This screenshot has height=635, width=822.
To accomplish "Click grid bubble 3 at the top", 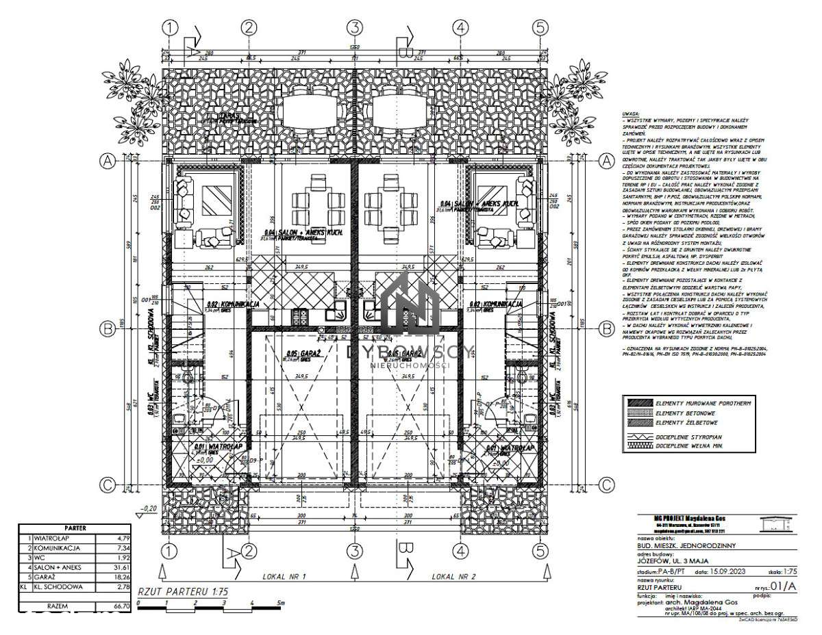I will point(353,27).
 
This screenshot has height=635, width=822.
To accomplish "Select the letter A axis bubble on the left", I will point(107,161).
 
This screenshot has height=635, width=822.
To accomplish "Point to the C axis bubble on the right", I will point(606,484).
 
